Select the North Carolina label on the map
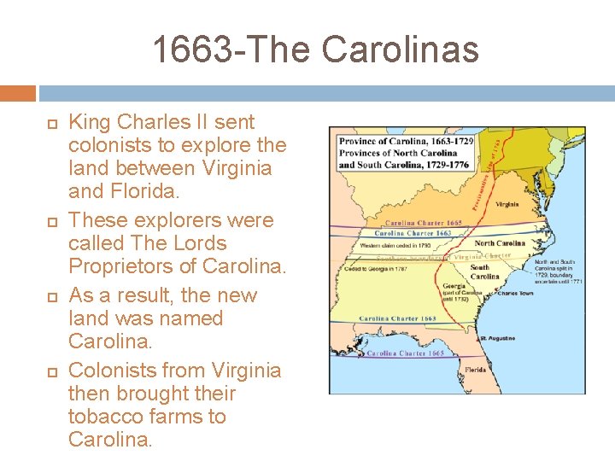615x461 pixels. pos(500,243)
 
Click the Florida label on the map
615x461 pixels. pos(477,370)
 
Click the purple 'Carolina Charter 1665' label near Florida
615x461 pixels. pos(406,353)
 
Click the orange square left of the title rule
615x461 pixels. pos(18,93)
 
